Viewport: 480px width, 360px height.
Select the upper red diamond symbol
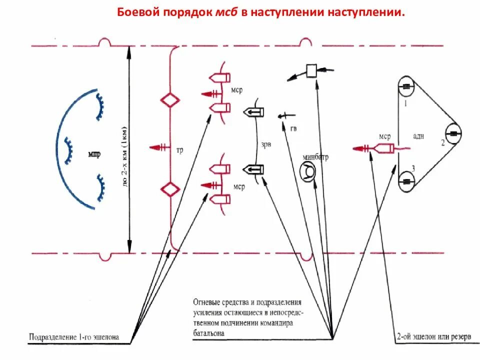pos(169,100)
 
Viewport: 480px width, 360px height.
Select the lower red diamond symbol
pos(169,189)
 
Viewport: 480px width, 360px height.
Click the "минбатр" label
pos(315,156)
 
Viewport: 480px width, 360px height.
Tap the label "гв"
pos(293,128)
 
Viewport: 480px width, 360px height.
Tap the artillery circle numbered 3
pos(406,181)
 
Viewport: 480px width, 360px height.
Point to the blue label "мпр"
pos(94,153)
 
